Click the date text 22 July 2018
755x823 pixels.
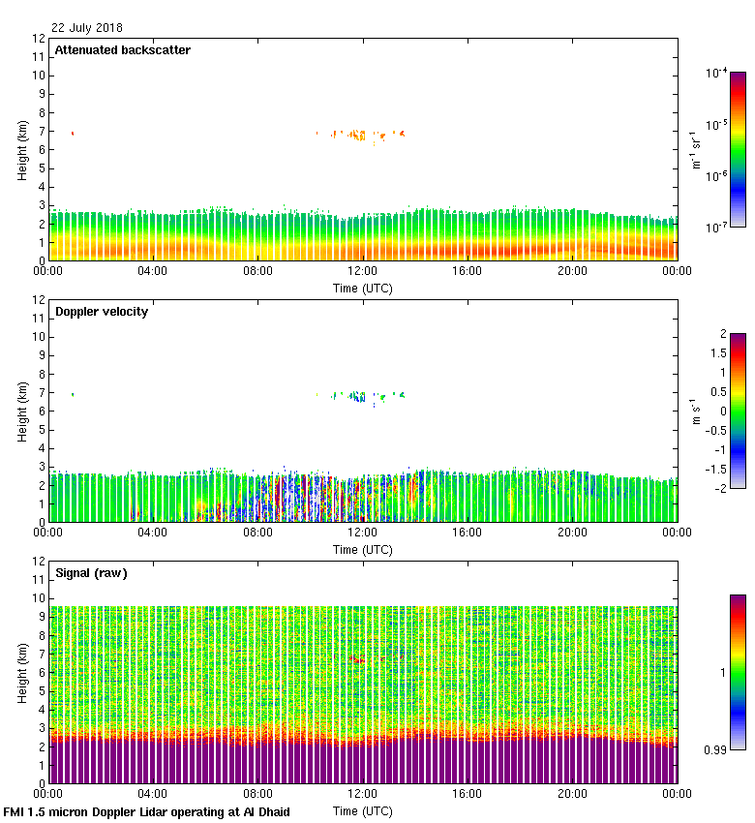pos(87,28)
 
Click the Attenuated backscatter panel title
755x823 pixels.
pos(122,50)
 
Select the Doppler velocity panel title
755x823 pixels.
pos(102,312)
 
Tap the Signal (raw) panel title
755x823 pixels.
pos(91,573)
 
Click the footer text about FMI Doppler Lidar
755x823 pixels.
pos(147,811)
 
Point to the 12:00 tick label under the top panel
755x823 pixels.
pos(363,272)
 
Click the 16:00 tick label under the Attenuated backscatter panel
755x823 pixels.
pos(468,272)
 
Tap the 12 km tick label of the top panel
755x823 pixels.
pos(39,39)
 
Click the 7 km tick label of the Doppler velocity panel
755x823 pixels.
pos(42,392)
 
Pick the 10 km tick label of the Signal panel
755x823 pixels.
pos(39,598)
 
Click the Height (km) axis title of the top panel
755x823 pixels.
pos(22,150)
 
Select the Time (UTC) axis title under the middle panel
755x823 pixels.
pos(363,549)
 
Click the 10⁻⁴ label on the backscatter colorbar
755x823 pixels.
pos(716,73)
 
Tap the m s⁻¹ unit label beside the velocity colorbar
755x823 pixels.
pos(695,411)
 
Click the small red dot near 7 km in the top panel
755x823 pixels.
pos(72,133)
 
